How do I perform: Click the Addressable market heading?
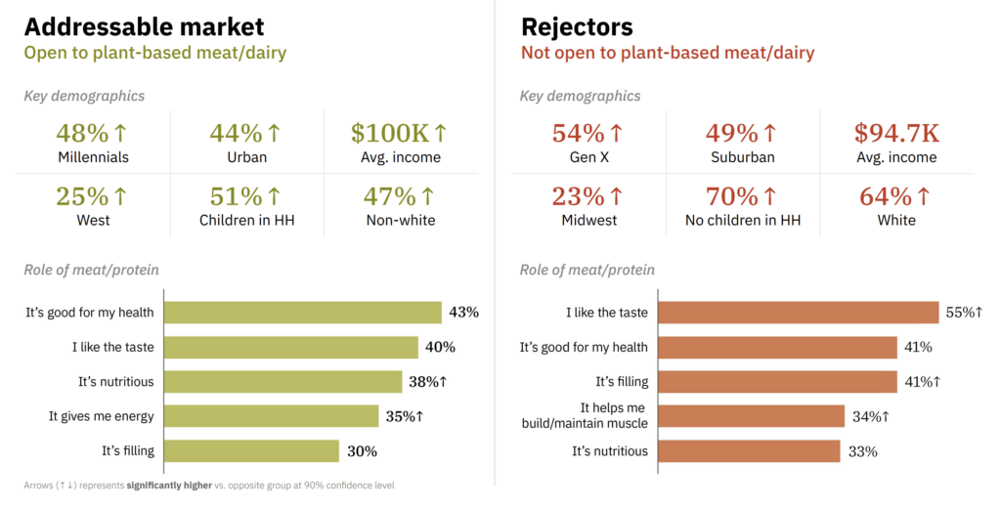[x=144, y=26]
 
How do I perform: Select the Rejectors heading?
[x=577, y=26]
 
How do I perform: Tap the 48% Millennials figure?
[x=93, y=134]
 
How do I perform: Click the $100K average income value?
[x=399, y=134]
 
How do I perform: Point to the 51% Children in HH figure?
[x=246, y=196]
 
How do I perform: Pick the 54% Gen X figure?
[x=588, y=134]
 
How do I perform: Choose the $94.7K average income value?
[x=895, y=134]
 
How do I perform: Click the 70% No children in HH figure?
[x=742, y=196]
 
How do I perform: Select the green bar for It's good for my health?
[x=302, y=313]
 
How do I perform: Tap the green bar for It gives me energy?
[x=271, y=416]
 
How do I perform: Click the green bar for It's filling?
[x=251, y=451]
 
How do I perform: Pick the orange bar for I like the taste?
[x=798, y=313]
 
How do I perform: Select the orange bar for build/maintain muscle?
[x=751, y=416]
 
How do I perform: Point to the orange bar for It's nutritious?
[x=749, y=451]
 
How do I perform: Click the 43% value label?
[x=463, y=313]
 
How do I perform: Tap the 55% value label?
[x=963, y=313]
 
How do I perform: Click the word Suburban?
[x=742, y=157]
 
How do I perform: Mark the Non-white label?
[x=400, y=220]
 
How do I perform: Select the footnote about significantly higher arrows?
[x=209, y=485]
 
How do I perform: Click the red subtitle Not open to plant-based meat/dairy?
[x=667, y=53]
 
